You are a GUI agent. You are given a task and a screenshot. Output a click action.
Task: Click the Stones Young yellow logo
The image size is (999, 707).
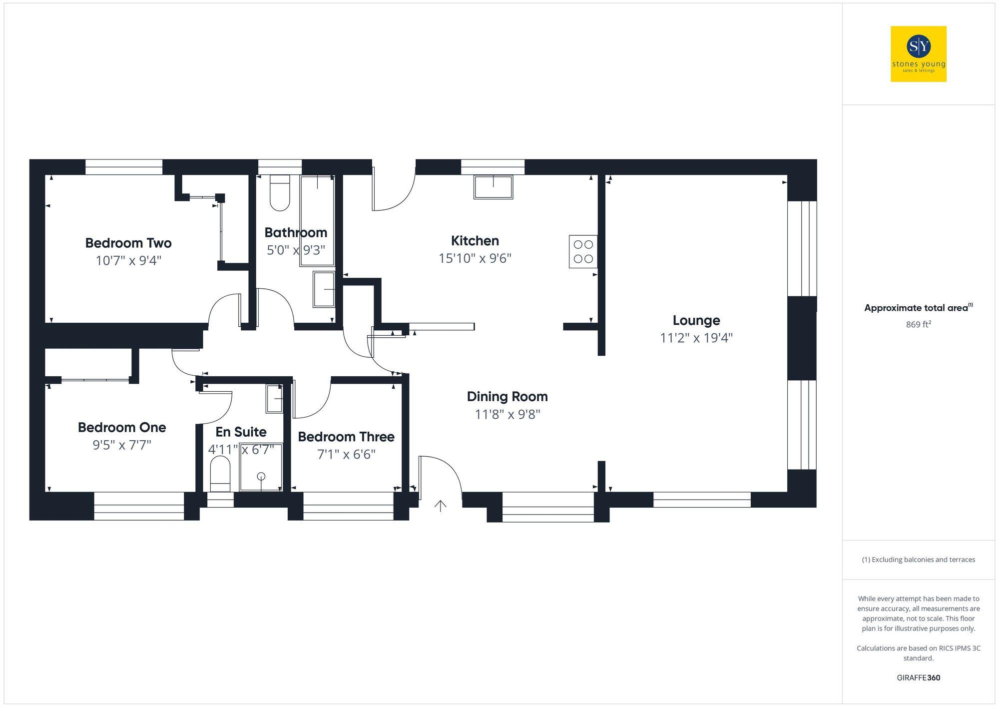918,54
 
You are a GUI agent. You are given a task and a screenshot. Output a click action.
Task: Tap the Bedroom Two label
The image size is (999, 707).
128,243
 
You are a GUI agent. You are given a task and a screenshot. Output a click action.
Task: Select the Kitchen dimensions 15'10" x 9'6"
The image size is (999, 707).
475,258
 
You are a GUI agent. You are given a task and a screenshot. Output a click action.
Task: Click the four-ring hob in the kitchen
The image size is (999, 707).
583,252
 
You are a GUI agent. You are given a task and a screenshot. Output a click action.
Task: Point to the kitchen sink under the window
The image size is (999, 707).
493,187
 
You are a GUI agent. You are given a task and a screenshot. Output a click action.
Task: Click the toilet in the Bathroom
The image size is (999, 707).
280,194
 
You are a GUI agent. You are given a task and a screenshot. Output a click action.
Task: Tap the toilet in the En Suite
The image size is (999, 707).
220,474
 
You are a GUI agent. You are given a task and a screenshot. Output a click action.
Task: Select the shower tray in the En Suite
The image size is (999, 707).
261,467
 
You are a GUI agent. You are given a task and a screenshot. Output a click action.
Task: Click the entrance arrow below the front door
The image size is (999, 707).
440,506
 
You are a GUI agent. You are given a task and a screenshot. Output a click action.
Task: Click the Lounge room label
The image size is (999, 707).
696,320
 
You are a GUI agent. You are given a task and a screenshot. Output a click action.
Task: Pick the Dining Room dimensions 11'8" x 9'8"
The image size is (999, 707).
507,414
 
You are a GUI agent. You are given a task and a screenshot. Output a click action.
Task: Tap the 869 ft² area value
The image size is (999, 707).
918,324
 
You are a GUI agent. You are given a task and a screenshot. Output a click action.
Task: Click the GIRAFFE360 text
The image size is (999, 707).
918,678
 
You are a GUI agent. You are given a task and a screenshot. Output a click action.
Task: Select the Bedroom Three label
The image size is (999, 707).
346,437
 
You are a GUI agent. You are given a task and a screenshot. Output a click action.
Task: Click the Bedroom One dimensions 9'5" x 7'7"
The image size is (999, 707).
122,445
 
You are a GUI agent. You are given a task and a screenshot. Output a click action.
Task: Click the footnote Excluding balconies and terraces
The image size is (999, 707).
918,560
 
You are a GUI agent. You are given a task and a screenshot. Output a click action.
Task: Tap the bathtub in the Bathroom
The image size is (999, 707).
317,220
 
